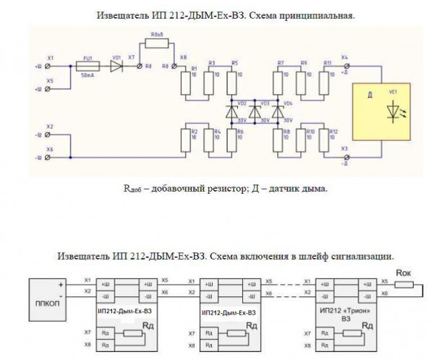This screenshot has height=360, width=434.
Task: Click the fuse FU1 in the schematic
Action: [x=87, y=65]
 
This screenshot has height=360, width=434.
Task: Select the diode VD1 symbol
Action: [x=116, y=65]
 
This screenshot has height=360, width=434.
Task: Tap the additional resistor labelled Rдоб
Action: [x=158, y=43]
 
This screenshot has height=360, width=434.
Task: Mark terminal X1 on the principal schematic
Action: [x=48, y=65]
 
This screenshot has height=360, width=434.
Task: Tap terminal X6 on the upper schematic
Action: [x=48, y=156]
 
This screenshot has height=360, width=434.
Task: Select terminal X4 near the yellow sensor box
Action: [x=343, y=65]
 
